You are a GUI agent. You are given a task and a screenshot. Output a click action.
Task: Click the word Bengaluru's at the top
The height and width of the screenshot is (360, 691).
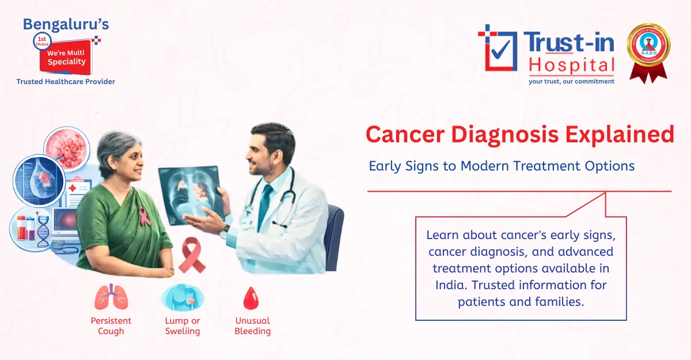66,24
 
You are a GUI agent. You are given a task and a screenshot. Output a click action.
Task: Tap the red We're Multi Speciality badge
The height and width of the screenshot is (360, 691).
66,56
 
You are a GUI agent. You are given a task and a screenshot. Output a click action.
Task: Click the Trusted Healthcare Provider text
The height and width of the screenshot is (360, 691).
66,82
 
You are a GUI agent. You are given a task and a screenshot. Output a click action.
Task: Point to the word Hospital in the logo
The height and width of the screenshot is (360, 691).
571,65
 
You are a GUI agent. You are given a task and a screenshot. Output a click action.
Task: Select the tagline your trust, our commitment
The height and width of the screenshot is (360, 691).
571,81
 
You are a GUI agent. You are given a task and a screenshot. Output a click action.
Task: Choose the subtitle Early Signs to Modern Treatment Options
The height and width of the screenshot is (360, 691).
502,166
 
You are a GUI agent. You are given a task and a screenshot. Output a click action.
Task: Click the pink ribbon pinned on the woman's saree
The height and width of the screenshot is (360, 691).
145,216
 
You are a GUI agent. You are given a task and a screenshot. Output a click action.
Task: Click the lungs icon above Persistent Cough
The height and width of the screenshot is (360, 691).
111,297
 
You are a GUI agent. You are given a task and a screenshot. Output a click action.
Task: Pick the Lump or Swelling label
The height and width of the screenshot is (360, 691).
182,326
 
